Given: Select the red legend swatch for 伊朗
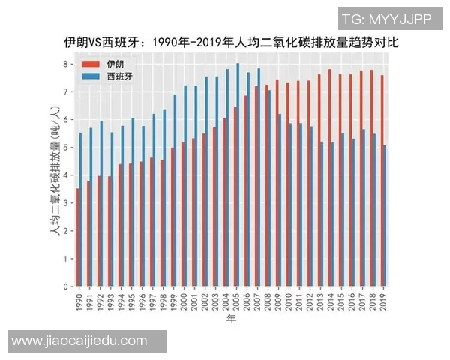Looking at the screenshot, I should point(90,64).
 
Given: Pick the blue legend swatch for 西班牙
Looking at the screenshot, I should point(90,76).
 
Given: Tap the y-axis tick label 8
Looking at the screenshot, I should point(66,64).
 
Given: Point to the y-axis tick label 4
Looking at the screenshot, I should point(66,175).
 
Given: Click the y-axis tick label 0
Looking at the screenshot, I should point(66,286).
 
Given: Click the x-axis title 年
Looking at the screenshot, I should point(231,319).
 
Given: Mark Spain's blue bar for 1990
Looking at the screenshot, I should point(81,210).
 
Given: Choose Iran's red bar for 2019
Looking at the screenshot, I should point(382,181).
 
